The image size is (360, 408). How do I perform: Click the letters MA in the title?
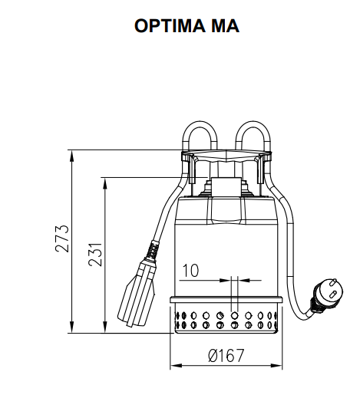coord(223,26)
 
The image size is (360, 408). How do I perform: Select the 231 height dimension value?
coord(96,255)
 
